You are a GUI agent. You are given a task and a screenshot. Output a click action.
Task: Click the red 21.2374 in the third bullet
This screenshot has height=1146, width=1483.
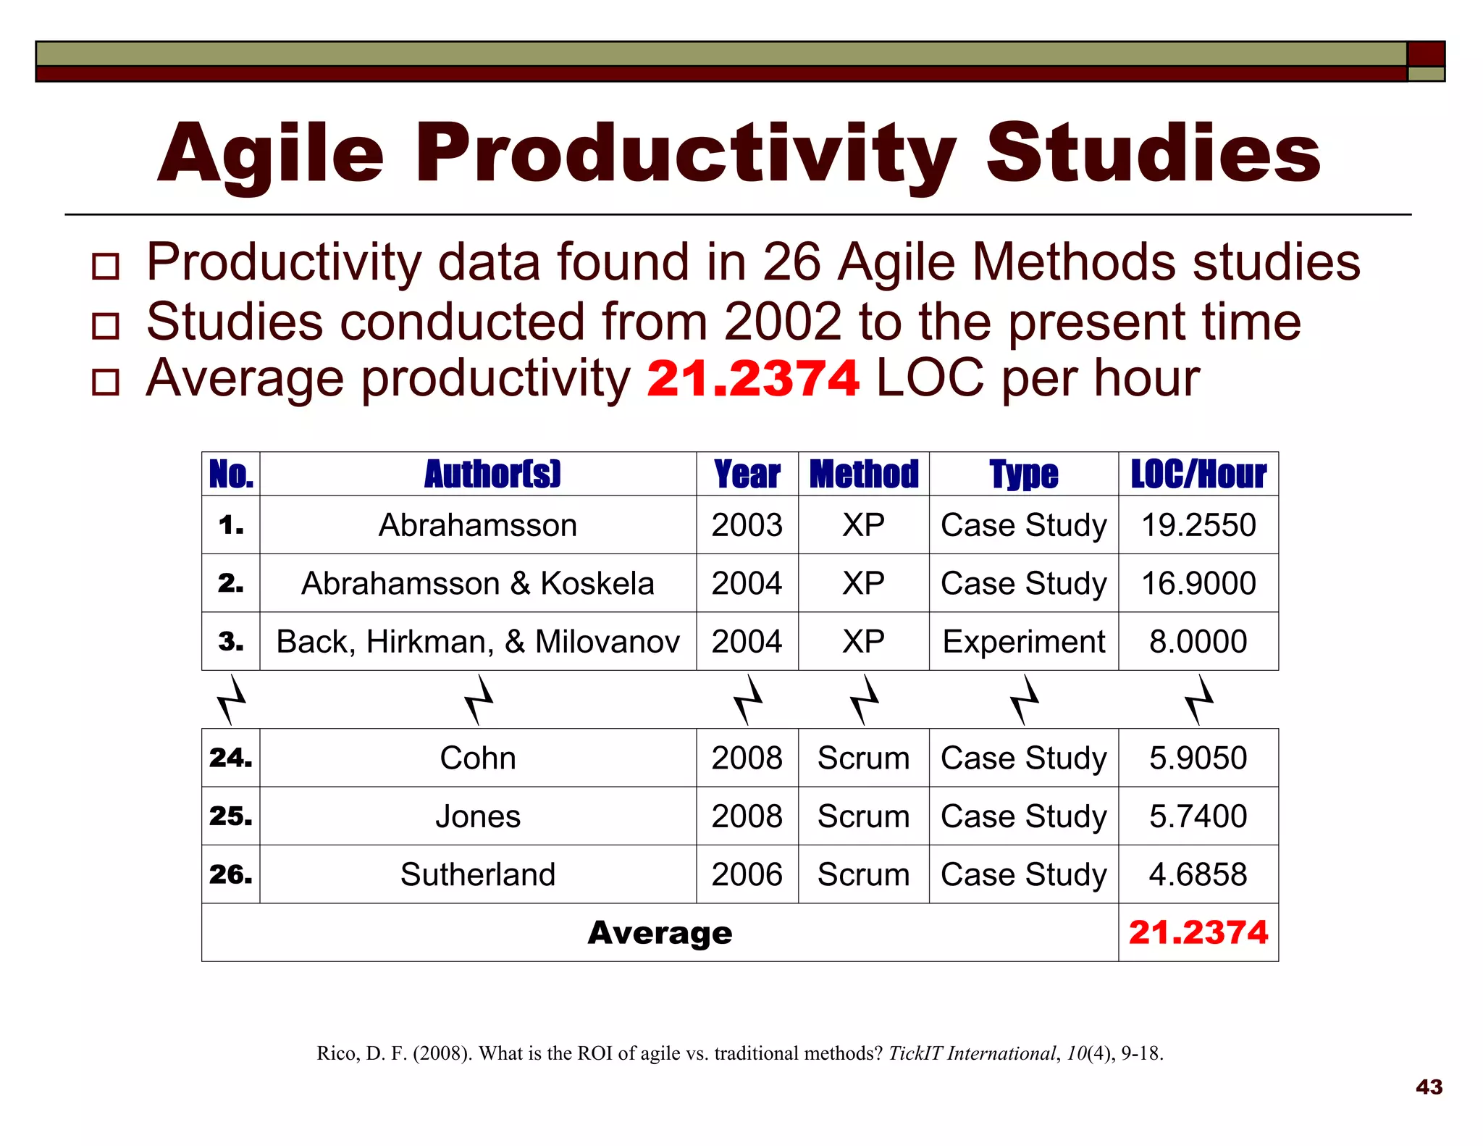[752, 379]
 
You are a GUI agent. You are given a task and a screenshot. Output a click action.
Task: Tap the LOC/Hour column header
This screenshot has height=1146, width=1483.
[1198, 475]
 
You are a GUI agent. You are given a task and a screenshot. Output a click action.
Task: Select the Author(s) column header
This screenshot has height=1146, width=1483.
[492, 475]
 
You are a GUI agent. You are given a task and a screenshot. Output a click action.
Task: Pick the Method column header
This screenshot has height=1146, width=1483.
[863, 475]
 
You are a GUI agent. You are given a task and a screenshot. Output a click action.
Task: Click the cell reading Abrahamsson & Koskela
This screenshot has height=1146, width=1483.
[478, 584]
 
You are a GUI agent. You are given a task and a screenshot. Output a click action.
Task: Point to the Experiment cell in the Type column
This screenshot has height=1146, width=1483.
[1023, 642]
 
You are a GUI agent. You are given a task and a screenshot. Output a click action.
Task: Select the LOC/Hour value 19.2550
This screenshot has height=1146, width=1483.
[1198, 525]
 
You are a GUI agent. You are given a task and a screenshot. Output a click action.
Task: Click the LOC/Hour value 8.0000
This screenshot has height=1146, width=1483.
[1198, 642]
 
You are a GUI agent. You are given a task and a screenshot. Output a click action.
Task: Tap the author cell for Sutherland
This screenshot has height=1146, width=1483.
[478, 874]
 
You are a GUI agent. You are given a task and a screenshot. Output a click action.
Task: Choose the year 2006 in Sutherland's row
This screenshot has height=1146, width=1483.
[747, 874]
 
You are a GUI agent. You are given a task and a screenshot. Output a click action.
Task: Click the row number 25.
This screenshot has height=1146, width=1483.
[230, 816]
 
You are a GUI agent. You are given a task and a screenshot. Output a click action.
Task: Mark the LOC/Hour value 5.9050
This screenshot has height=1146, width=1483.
[1198, 758]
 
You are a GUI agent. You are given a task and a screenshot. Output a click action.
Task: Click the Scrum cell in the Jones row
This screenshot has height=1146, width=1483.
[863, 816]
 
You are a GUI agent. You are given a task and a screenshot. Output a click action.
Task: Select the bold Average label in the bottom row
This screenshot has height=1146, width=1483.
[660, 933]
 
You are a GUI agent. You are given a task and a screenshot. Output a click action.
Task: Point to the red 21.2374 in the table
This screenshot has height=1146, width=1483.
[1198, 933]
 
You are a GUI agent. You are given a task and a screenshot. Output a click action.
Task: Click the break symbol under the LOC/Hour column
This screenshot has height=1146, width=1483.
[1199, 700]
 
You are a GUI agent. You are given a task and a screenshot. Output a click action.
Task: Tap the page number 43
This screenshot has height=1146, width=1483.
[1429, 1087]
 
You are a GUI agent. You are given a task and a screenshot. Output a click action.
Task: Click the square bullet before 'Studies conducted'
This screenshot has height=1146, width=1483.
[106, 326]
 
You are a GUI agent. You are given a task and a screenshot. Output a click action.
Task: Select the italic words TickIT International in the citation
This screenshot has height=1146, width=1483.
[972, 1053]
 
